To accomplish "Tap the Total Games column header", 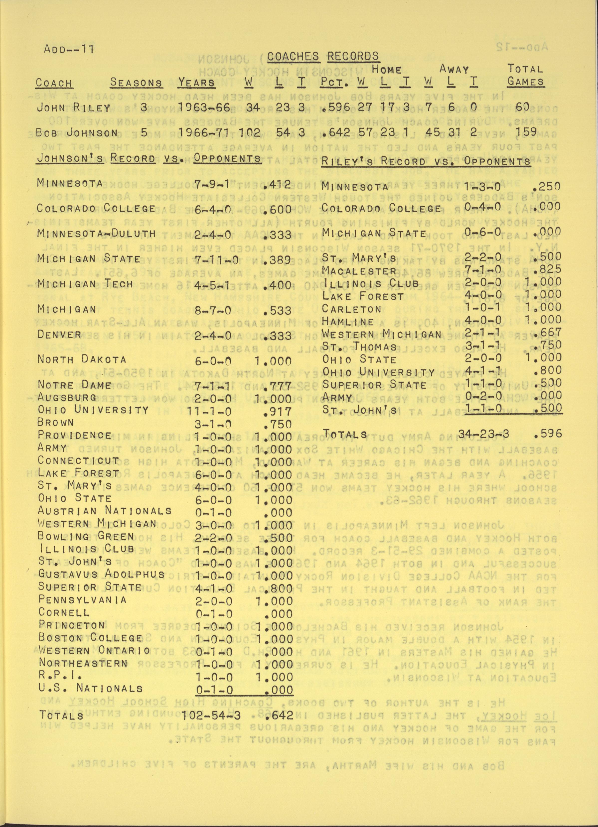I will point(525,75).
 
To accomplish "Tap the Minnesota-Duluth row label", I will point(97,234).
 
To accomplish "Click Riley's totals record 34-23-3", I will point(484,434).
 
